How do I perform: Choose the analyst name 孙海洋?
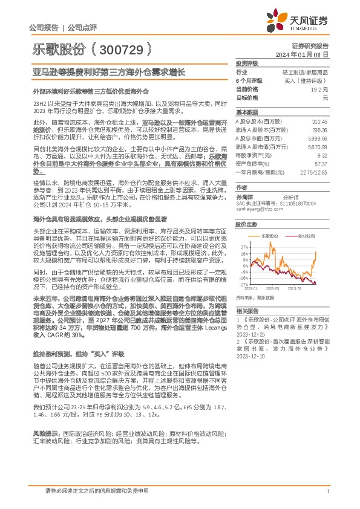click(x=244, y=196)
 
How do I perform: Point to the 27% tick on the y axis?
click(x=244, y=248)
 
